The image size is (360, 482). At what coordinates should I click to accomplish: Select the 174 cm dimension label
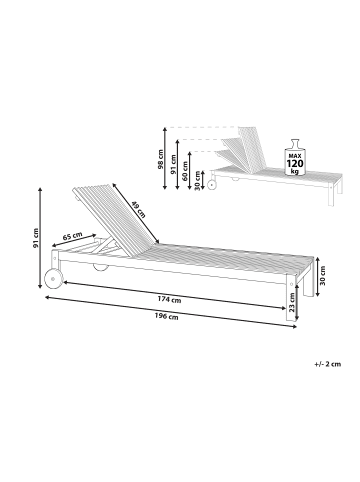(x=168, y=299)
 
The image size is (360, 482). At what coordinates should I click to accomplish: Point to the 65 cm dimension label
(x=72, y=237)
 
